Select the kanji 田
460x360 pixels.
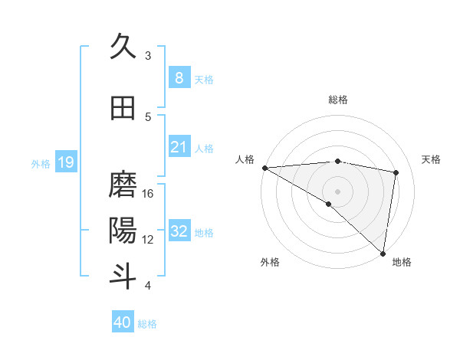click(x=123, y=108)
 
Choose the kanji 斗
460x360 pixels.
click(x=123, y=276)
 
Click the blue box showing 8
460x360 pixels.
click(x=179, y=77)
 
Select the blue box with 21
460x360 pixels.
click(x=179, y=147)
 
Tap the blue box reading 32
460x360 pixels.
click(x=179, y=231)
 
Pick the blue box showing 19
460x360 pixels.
click(x=65, y=162)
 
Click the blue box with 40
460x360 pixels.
click(x=123, y=322)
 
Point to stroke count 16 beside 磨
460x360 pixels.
click(x=148, y=194)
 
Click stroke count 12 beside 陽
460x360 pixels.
click(x=148, y=240)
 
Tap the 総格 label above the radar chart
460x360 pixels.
click(x=338, y=100)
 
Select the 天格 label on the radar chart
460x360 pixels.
click(x=431, y=159)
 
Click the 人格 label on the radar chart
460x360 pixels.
click(x=245, y=159)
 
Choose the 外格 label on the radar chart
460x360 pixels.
click(x=269, y=263)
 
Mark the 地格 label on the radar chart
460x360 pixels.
click(x=402, y=263)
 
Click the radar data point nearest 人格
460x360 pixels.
click(x=264, y=168)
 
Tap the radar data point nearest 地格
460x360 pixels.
click(x=383, y=253)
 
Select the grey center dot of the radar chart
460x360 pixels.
click(x=337, y=191)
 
